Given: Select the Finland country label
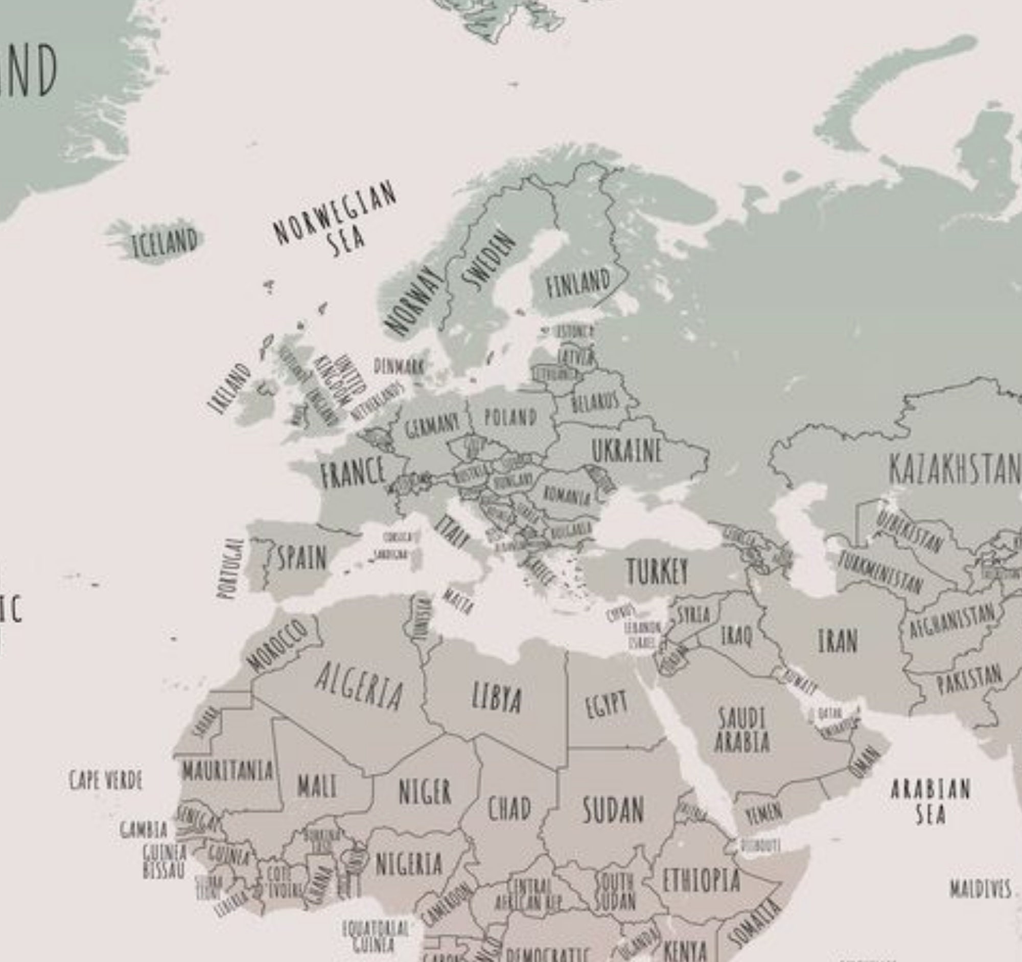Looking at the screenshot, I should [x=578, y=283].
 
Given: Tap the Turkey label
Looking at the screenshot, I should [x=658, y=571].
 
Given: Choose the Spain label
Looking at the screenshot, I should [x=302, y=558].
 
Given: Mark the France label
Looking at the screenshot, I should [x=353, y=471].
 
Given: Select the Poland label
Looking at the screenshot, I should [x=510, y=418].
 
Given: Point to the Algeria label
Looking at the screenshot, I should [x=359, y=686].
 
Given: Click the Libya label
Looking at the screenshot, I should [x=497, y=698].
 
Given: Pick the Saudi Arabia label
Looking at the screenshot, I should [x=742, y=730].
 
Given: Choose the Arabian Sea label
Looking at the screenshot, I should [x=931, y=803].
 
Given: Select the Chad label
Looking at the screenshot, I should [x=509, y=809].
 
